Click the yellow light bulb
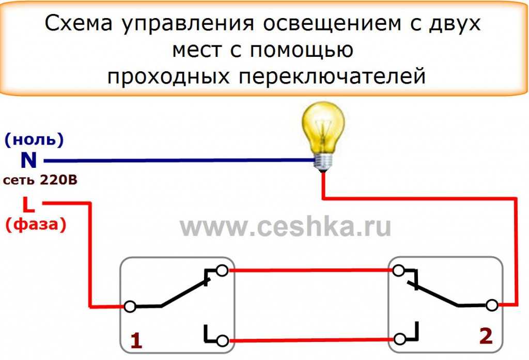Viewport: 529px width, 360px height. (x=322, y=136)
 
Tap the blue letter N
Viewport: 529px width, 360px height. (x=29, y=160)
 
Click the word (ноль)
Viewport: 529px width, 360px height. (x=34, y=139)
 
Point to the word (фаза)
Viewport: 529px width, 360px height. (x=36, y=224)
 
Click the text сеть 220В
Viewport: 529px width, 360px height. (x=40, y=180)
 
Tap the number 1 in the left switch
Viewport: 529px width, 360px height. (x=136, y=340)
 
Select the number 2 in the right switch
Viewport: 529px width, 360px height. (x=486, y=336)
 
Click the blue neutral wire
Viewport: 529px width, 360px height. (x=179, y=161)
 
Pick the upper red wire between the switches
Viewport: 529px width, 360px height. (x=310, y=270)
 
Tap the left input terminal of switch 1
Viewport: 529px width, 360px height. (x=130, y=306)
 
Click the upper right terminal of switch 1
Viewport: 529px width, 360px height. (x=222, y=271)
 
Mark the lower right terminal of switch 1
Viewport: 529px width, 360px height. (x=222, y=341)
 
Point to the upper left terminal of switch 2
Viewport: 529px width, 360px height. (x=399, y=271)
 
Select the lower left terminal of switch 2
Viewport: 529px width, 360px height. (x=400, y=339)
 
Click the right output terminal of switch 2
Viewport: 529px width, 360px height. (x=492, y=305)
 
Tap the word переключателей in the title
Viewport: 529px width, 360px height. (x=332, y=76)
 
